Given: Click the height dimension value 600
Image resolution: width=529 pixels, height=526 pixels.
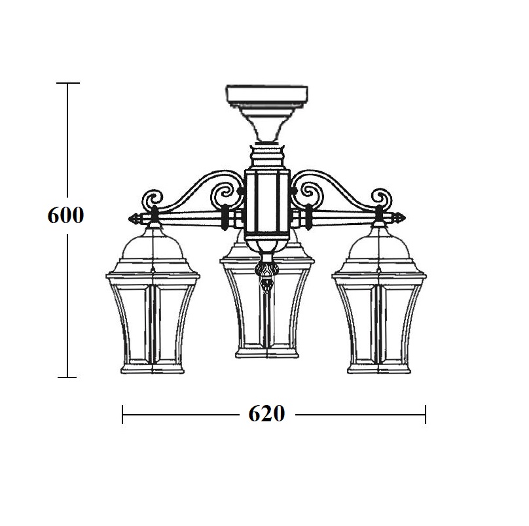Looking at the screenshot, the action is [x=65, y=215].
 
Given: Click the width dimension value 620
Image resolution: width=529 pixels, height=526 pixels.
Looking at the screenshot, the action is [x=266, y=413].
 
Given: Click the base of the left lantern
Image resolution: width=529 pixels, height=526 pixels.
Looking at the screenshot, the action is [x=153, y=368].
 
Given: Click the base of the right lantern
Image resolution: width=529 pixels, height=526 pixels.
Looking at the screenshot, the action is [x=379, y=368].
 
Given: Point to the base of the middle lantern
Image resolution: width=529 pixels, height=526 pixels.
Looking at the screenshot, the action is [x=267, y=353].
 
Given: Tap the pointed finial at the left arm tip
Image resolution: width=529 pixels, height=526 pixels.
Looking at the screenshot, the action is [x=135, y=218].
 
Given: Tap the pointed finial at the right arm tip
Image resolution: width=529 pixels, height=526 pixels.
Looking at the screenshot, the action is [x=399, y=218].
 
